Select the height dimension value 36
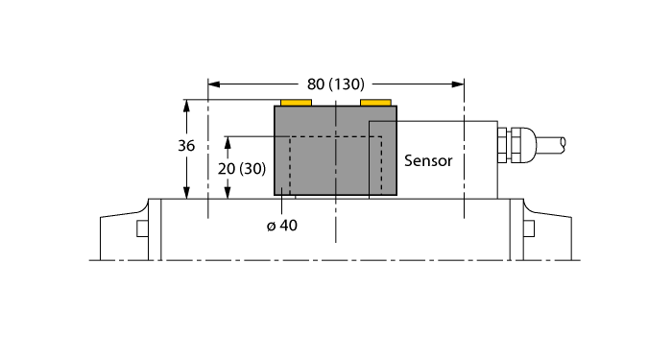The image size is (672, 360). (187, 147)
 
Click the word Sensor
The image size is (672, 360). (428, 160)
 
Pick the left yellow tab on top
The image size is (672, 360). (296, 102)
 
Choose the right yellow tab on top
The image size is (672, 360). (375, 102)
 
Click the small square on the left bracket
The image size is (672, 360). (142, 228)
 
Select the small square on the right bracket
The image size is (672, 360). (529, 228)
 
